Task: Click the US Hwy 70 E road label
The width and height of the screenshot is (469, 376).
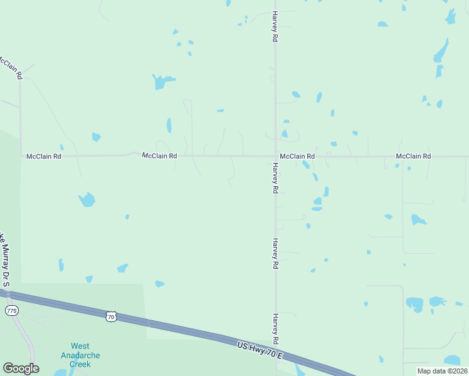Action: click(260, 350)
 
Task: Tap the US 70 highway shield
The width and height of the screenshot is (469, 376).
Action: click(111, 317)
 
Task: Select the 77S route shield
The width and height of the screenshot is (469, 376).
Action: click(11, 311)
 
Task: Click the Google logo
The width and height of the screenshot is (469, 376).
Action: click(21, 368)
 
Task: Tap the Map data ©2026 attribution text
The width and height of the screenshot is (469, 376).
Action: click(441, 370)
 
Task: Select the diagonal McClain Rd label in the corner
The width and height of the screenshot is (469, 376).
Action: click(11, 67)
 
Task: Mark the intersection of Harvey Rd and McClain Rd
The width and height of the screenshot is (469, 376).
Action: click(275, 156)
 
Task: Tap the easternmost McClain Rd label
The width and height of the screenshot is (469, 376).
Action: click(413, 156)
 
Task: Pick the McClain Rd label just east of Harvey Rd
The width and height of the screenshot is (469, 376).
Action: click(297, 156)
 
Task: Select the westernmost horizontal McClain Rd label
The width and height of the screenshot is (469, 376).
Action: click(43, 156)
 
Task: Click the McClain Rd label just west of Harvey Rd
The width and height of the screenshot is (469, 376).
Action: click(159, 155)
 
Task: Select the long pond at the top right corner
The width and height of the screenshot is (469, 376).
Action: click(441, 50)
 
